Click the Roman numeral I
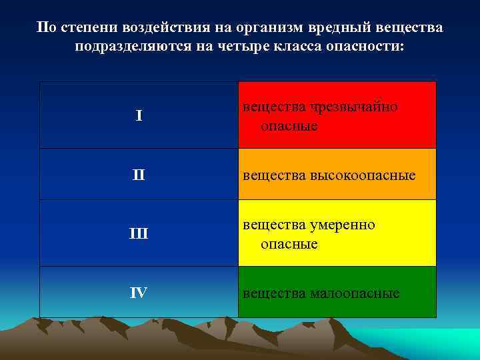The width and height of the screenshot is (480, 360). pos(139,116)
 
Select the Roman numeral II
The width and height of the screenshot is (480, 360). pos(139,175)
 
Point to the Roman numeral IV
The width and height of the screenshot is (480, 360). pos(139,293)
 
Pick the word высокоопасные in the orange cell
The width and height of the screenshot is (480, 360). pos(363,175)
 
